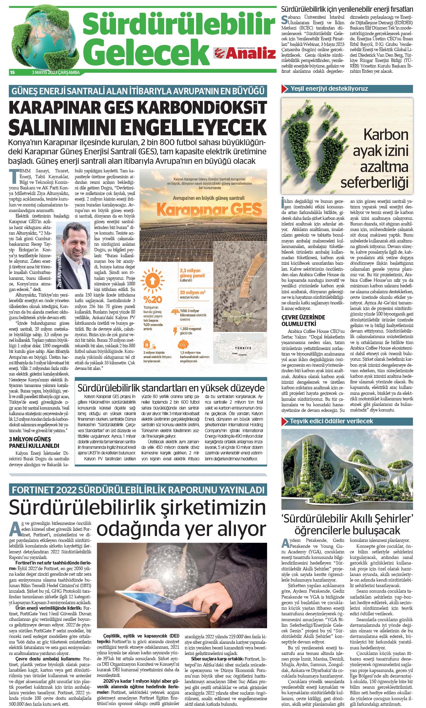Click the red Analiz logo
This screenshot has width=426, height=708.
(244, 53)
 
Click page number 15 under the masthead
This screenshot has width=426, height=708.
(12, 72)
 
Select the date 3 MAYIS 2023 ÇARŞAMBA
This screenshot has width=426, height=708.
(56, 72)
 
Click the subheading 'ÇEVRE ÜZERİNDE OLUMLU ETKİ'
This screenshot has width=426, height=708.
(303, 320)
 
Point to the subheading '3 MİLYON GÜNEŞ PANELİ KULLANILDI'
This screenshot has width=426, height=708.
(34, 442)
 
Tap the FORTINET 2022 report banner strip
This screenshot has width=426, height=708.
(138, 490)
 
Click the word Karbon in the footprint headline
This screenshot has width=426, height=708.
(385, 135)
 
